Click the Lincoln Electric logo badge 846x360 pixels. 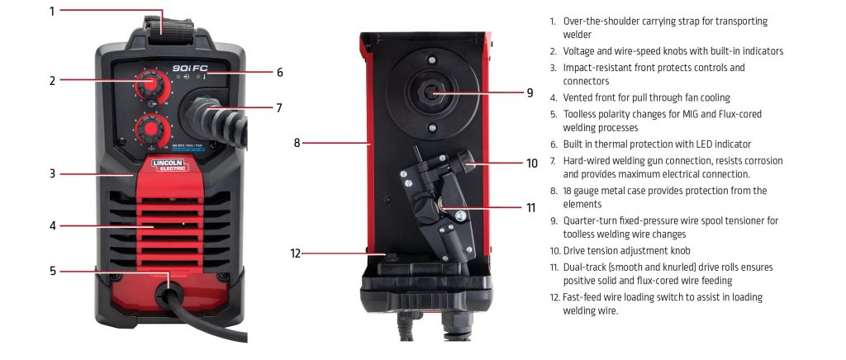pyautogui.click(x=169, y=165)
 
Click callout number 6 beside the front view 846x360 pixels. pyautogui.click(x=280, y=73)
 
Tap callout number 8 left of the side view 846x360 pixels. pyautogui.click(x=297, y=142)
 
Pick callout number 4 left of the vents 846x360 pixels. pyautogui.click(x=51, y=225)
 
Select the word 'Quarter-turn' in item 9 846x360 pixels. pyautogui.click(x=594, y=221)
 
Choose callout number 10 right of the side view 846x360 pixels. pyautogui.click(x=532, y=163)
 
